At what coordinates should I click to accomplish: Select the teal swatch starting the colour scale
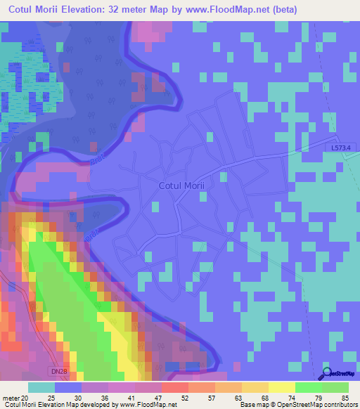point(41,387)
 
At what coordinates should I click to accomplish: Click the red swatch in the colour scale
point(174,387)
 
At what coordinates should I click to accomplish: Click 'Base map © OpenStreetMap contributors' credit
point(297,404)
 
